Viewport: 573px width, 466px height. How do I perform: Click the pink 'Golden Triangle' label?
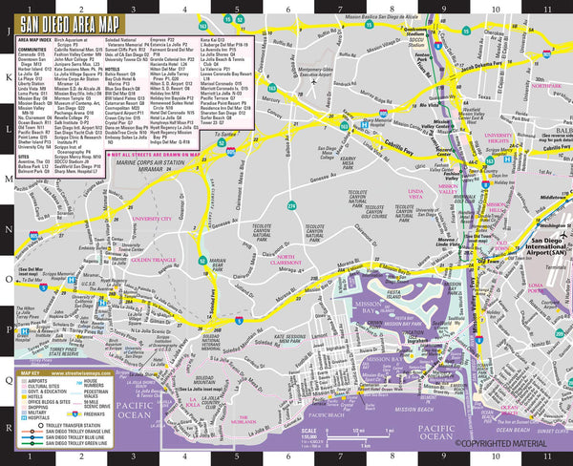pos(149,261)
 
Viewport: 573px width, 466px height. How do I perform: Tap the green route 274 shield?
pos(290,204)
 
